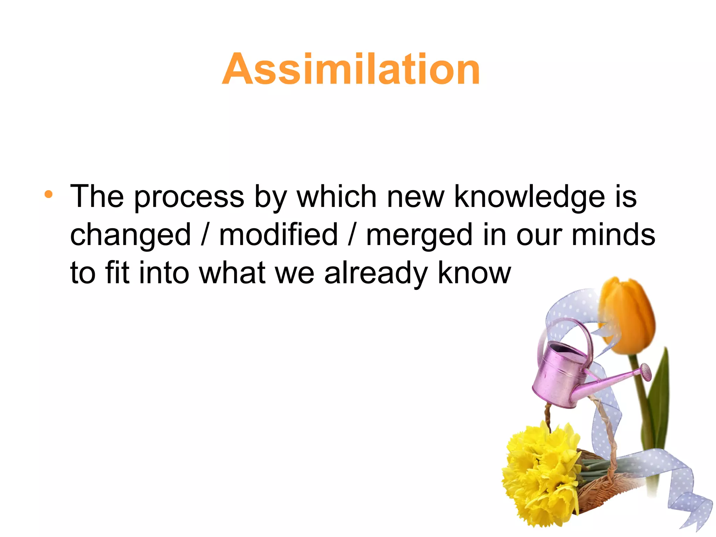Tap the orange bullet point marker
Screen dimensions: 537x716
point(49,194)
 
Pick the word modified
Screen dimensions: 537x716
point(278,235)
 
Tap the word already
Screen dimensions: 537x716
point(376,274)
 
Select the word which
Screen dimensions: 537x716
point(336,197)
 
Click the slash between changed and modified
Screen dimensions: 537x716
point(205,235)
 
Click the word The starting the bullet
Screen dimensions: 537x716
point(97,197)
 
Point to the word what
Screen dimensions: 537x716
point(232,273)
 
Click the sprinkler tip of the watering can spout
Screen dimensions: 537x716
point(646,371)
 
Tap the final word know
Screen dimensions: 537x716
point(474,273)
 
